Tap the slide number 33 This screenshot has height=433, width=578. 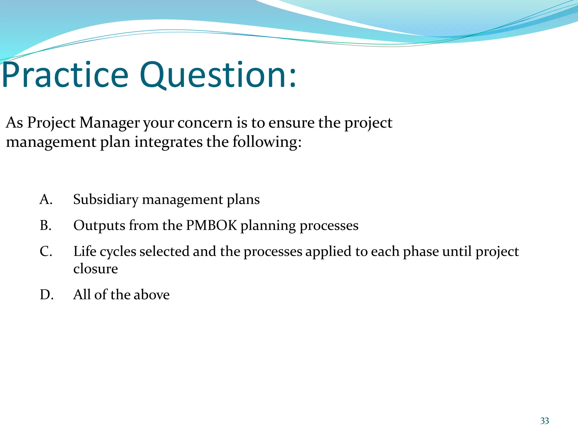tap(544, 421)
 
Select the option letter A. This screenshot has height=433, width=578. tap(46, 200)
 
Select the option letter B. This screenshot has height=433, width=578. tap(46, 226)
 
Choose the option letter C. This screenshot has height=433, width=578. tap(46, 251)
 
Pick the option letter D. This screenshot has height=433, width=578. tap(47, 295)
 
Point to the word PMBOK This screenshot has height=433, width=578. tap(211, 226)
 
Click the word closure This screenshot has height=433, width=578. tap(95, 269)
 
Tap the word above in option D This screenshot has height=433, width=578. tap(152, 295)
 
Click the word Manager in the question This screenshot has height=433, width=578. tap(110, 123)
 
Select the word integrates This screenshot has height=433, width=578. tap(168, 142)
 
